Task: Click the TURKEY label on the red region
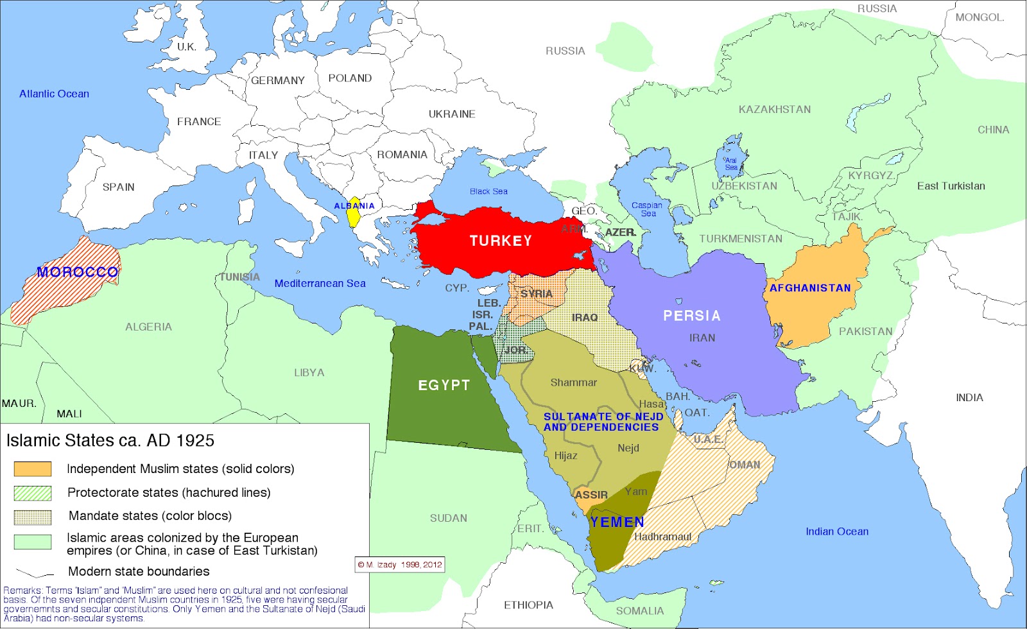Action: pos(501,241)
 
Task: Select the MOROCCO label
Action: pos(78,272)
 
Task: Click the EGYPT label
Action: pos(444,385)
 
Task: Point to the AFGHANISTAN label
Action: pos(810,288)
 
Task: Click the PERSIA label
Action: pos(692,316)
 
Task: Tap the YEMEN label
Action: pos(617,522)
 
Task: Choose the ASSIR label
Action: pos(591,495)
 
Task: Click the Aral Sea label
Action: pos(731,164)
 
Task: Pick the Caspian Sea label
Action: pos(647,209)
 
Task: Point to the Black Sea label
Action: pos(488,191)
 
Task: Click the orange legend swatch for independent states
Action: pos(33,469)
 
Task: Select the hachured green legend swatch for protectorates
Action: pos(33,493)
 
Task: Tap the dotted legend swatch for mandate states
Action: pos(33,517)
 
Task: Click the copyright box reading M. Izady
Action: pos(400,565)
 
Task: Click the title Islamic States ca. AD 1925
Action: pos(110,441)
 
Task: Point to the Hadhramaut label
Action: pos(662,537)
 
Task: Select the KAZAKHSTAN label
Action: pos(775,110)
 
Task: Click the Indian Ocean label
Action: pos(837,531)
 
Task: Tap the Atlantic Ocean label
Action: pos(54,94)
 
